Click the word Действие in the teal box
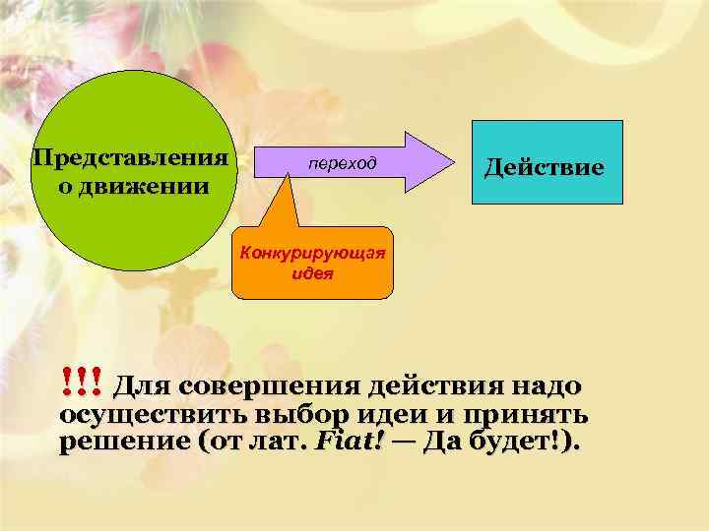tap(544, 167)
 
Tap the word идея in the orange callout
tap(313, 273)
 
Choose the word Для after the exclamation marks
tap(144, 383)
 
